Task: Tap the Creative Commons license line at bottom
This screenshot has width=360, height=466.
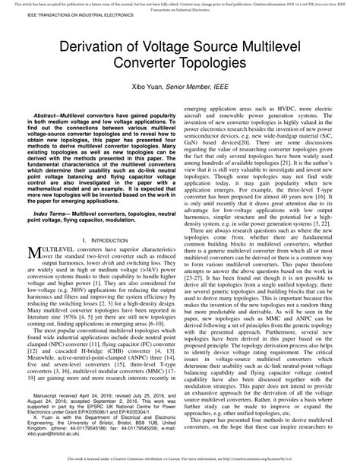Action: [x=180, y=461]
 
